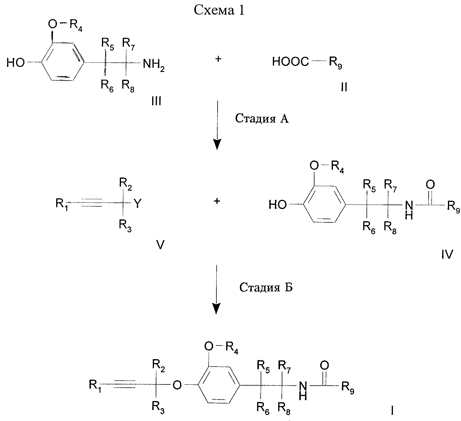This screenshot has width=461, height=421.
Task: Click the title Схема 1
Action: (219, 10)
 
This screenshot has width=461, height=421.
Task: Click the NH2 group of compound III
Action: (154, 65)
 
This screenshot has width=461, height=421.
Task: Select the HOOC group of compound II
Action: (291, 62)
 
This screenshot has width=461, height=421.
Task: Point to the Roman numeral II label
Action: (344, 87)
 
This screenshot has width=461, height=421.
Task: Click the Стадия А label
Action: (262, 119)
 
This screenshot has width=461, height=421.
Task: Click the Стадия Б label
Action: (266, 288)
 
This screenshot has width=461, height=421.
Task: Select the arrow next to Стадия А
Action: (218, 125)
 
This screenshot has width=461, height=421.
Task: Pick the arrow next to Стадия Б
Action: (217, 289)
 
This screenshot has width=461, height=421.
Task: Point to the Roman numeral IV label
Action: (446, 254)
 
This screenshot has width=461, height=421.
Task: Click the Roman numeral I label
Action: (392, 411)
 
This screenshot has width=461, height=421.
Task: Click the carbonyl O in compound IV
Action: (430, 185)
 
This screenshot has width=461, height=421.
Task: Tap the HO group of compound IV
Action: (278, 205)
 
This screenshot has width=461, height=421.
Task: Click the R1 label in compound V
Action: (62, 205)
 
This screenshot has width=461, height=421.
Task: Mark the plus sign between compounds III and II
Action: (218, 59)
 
